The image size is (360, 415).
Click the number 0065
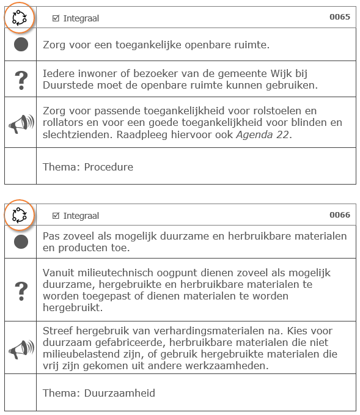tap(340, 17)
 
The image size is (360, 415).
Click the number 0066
tap(340, 215)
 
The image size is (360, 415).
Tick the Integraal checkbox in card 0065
tap(56, 18)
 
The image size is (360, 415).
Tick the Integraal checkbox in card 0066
tap(56, 216)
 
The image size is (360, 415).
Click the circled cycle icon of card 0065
tap(20, 18)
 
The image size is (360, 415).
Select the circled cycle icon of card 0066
tap(20, 215)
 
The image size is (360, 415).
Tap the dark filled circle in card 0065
tap(21, 45)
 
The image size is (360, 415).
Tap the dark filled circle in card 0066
tap(21, 242)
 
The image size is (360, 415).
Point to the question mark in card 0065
tap(21, 79)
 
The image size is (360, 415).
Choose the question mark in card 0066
tap(21, 289)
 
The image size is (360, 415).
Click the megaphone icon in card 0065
tap(21, 123)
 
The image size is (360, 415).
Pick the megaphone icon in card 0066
tap(21, 348)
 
